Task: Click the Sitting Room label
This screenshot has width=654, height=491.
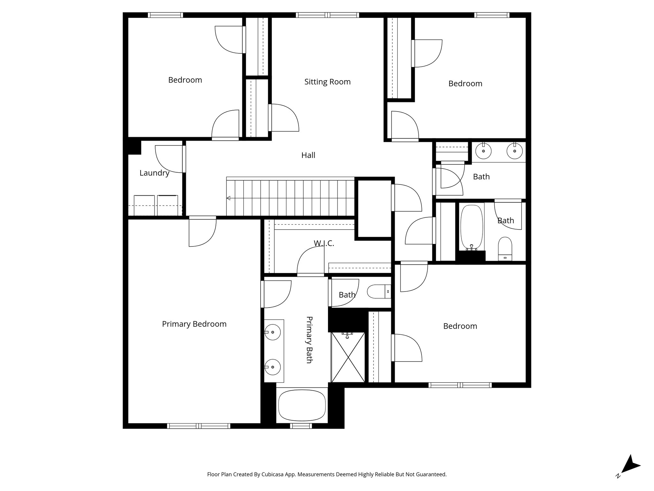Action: (327, 82)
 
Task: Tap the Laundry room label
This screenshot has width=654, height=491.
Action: (154, 173)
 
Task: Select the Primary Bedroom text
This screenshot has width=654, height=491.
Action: (194, 324)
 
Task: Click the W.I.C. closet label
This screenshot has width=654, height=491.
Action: (324, 243)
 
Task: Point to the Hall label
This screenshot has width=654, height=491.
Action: (308, 155)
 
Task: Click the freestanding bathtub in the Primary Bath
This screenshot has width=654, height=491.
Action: (302, 405)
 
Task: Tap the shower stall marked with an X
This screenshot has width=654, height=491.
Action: (348, 357)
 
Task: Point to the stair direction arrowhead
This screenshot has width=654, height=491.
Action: (228, 198)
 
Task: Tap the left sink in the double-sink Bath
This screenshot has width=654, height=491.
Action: (483, 151)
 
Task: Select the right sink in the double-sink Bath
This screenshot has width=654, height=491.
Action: (514, 151)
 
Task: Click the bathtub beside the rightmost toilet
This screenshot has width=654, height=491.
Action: (472, 227)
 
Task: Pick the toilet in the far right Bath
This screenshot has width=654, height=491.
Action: (505, 248)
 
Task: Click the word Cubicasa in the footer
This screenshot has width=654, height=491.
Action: (273, 474)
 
